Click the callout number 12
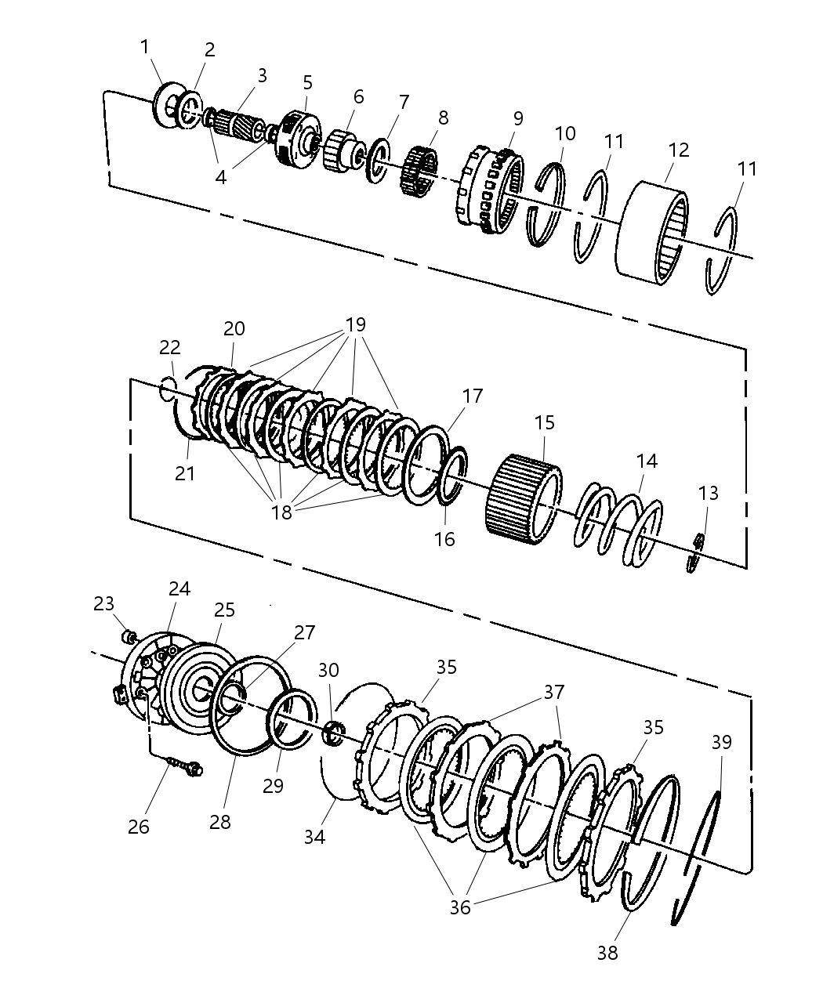tap(679, 149)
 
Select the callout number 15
tap(544, 423)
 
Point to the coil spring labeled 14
tap(619, 525)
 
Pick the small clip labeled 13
tap(695, 552)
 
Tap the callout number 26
tap(139, 827)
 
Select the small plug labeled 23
tap(132, 634)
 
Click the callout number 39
tap(721, 741)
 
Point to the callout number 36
tap(460, 907)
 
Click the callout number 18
tap(281, 512)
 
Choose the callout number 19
tap(356, 324)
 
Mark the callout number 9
tap(517, 118)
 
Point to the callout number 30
tap(328, 670)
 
